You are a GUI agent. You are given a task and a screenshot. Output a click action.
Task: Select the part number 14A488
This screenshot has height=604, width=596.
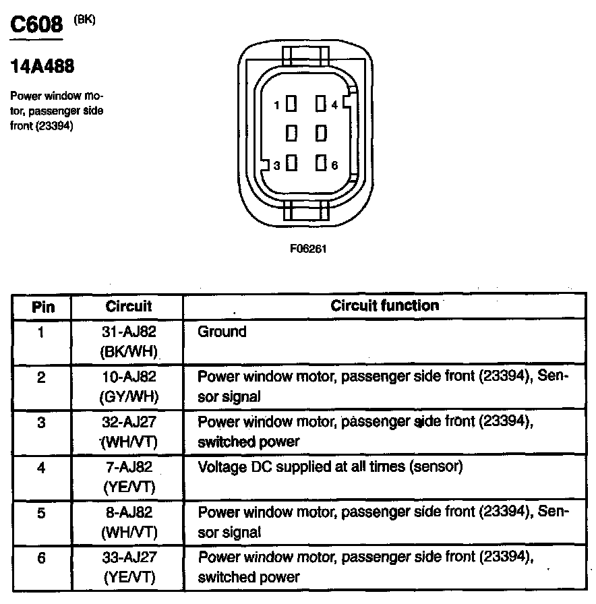42,67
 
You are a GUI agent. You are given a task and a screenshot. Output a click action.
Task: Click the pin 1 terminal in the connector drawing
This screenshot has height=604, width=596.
291,104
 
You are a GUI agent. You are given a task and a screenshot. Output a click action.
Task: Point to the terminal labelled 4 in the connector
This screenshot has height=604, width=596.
321,104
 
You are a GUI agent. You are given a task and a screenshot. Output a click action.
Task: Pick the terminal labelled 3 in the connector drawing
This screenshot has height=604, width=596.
291,163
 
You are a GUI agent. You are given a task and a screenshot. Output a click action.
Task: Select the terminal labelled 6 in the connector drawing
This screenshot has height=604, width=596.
321,163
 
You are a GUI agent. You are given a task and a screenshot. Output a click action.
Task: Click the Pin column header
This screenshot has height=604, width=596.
42,307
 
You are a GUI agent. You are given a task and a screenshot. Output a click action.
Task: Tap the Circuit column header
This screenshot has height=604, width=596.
129,306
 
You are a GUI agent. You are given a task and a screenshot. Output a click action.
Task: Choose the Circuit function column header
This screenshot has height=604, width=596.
384,305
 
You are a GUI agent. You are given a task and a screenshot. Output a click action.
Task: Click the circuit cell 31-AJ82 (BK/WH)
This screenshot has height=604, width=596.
129,341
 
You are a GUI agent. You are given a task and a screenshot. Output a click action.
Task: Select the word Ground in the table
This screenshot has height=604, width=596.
222,332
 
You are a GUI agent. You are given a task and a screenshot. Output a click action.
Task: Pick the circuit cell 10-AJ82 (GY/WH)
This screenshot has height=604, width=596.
129,387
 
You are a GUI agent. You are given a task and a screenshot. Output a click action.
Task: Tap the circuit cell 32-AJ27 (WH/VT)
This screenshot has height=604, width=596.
129,432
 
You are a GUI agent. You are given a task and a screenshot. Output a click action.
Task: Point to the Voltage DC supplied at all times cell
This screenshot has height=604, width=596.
330,466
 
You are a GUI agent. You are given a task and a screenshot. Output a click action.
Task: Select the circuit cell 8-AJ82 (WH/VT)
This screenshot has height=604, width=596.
129,522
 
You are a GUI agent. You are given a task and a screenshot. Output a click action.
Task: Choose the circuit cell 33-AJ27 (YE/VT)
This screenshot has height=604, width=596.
129,567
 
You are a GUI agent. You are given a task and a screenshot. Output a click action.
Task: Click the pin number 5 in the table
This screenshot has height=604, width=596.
42,513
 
